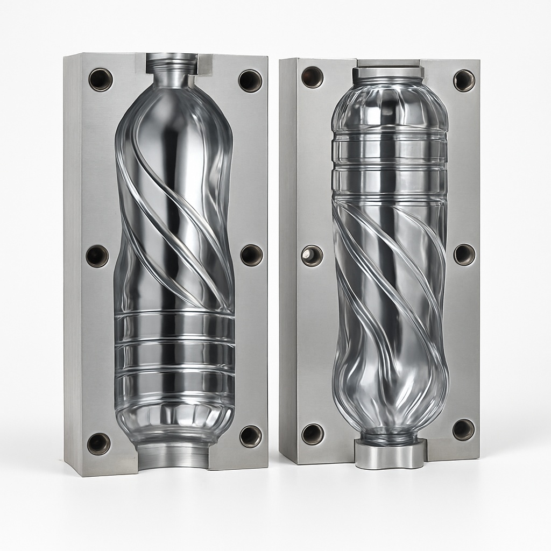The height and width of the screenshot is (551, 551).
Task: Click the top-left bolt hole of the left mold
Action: [x=101, y=80]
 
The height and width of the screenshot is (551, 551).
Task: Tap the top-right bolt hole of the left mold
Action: [x=250, y=81]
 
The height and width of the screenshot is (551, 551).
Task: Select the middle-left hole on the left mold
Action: [x=97, y=256]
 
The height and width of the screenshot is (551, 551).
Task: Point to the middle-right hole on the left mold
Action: [x=251, y=255]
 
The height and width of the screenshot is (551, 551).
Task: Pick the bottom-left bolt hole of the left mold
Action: [x=99, y=443]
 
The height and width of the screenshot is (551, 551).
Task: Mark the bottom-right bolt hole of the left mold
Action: [x=251, y=436]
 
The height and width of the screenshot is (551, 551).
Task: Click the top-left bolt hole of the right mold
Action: [x=312, y=77]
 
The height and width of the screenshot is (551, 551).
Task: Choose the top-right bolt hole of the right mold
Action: [x=464, y=81]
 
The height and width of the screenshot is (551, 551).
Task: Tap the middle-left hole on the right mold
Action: [x=312, y=255]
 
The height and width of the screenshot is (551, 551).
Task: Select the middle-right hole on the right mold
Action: [x=464, y=255]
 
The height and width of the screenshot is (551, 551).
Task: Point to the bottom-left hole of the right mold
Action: [x=313, y=434]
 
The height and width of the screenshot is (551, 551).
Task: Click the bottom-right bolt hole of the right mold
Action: [x=463, y=429]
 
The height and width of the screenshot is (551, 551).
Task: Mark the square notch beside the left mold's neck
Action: [x=205, y=64]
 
